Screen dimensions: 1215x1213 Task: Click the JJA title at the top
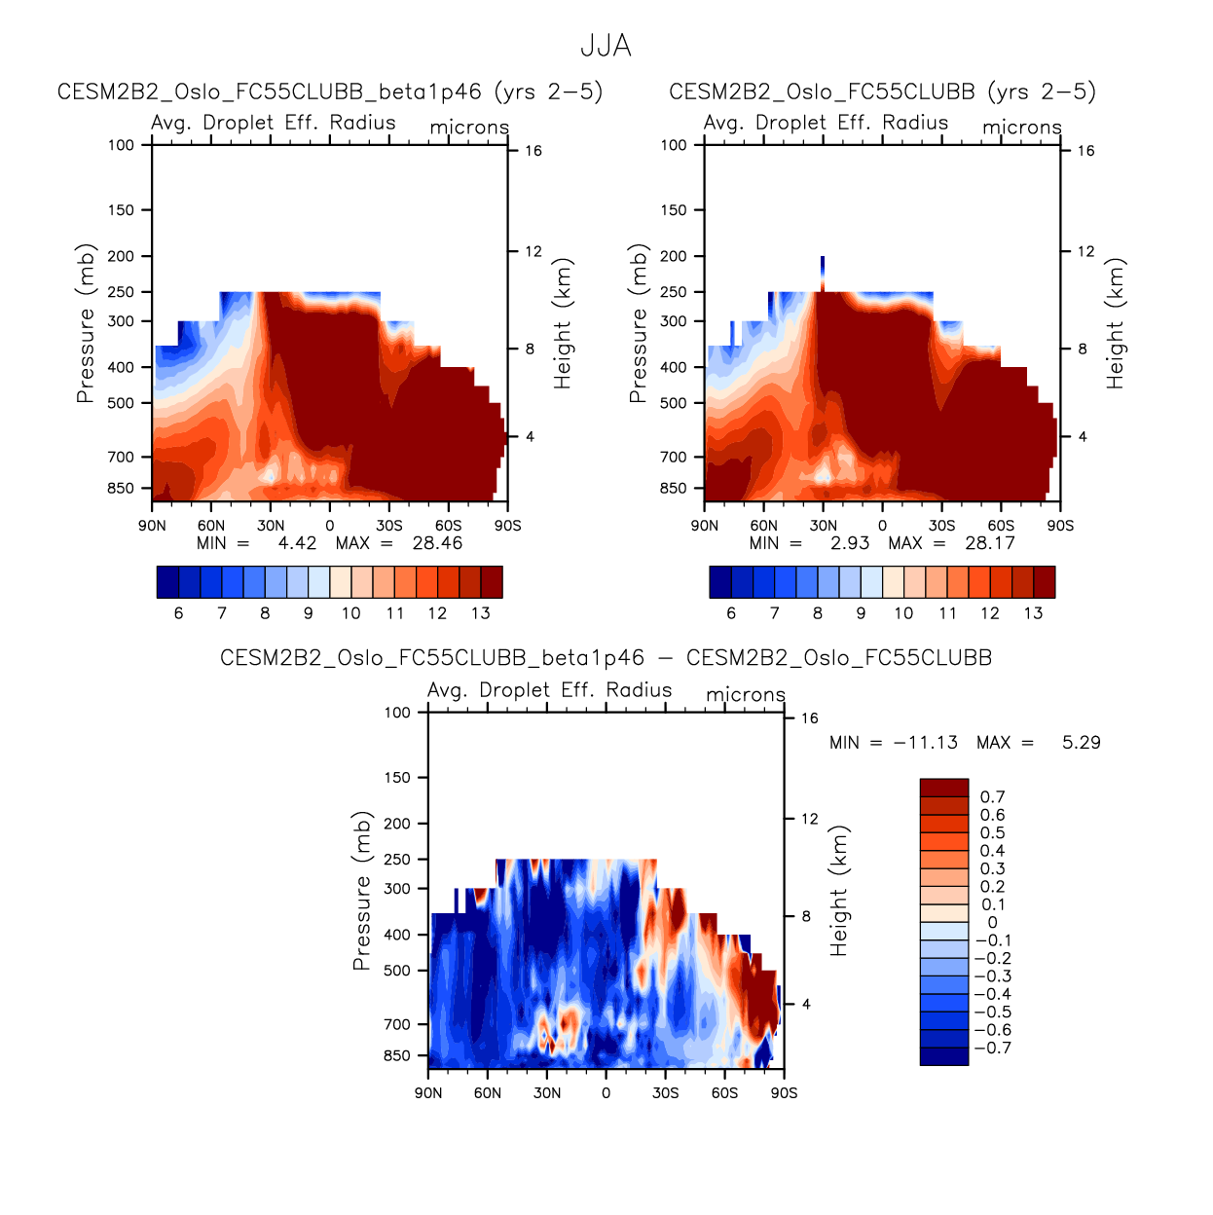(x=606, y=46)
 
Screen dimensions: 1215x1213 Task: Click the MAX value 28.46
(x=437, y=543)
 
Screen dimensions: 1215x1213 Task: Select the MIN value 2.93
(x=849, y=543)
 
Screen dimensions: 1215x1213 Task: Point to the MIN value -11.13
(x=925, y=743)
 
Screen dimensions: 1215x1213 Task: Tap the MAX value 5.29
(x=1081, y=743)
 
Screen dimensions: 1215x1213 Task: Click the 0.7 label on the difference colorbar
(x=992, y=797)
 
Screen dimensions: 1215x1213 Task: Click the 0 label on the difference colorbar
(x=992, y=923)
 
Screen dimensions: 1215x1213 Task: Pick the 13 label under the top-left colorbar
(x=480, y=613)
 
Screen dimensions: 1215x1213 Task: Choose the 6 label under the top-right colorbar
(x=731, y=613)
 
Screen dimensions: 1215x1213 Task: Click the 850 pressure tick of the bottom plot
(x=398, y=1056)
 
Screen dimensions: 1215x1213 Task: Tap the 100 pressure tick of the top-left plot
(x=122, y=145)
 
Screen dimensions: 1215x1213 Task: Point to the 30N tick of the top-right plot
(x=823, y=526)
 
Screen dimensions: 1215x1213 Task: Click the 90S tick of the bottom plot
(x=784, y=1093)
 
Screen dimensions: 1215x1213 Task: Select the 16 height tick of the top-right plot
(x=1085, y=151)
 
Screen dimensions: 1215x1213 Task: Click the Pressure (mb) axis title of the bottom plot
(x=361, y=891)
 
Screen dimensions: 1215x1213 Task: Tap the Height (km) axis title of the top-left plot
(x=563, y=324)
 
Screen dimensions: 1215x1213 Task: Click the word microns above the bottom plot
(x=745, y=695)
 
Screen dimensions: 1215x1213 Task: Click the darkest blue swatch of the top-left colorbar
(x=167, y=582)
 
